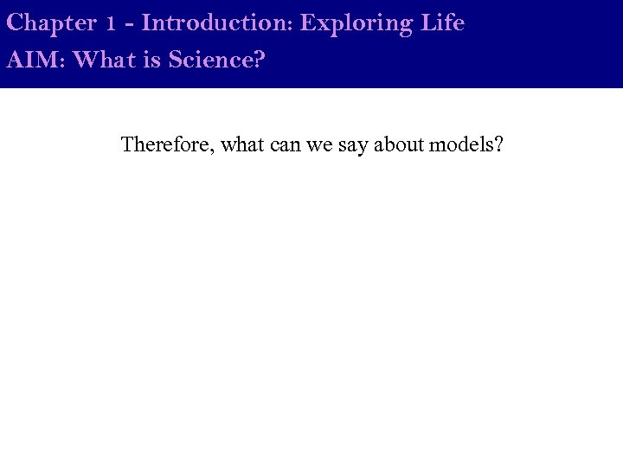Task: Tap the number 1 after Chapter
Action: coord(111,24)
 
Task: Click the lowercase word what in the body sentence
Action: coord(242,144)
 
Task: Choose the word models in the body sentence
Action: coord(462,144)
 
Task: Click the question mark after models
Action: coord(498,144)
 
